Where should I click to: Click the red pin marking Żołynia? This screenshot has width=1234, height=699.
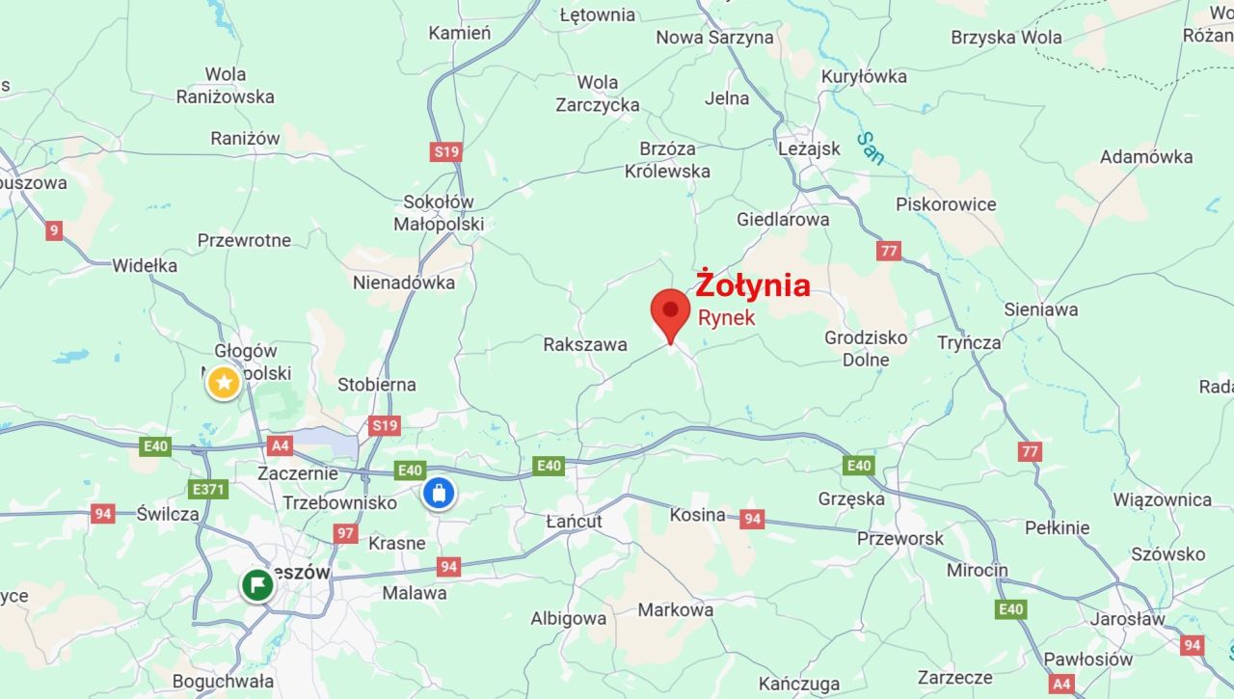[670, 311]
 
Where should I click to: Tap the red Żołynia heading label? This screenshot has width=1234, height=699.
[753, 284]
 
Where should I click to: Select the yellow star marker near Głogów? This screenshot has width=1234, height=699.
[224, 384]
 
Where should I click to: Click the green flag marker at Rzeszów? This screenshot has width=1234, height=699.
[257, 584]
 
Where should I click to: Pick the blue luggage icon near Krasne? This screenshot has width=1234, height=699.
[439, 494]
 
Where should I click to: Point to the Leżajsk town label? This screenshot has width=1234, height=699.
[809, 148]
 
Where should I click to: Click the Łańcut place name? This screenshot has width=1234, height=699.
[574, 522]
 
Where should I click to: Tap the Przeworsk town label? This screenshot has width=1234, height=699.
[900, 539]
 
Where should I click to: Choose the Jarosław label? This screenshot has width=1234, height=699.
[1127, 619]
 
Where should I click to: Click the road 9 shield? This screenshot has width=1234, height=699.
[54, 230]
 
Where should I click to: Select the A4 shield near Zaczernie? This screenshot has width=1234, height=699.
[280, 445]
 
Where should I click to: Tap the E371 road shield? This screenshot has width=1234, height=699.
[209, 489]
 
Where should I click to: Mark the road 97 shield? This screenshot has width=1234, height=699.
[346, 533]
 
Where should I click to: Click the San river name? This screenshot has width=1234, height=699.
[870, 148]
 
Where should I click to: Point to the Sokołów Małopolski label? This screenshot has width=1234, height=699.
[439, 213]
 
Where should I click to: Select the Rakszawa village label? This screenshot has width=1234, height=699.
[585, 344]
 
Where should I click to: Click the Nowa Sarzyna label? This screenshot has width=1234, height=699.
[714, 38]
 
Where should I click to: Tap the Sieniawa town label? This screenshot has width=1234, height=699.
[1041, 309]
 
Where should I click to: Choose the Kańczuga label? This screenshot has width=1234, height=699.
[799, 684]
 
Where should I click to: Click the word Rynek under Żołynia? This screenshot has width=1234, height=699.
[727, 316]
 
